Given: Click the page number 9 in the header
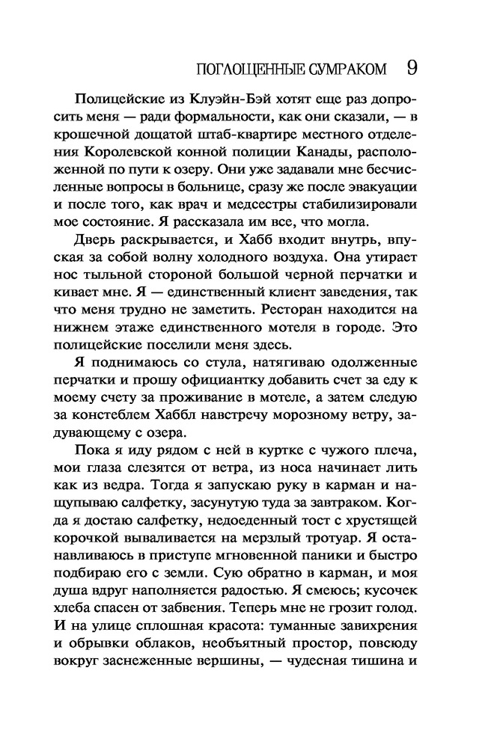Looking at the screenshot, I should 410,68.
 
